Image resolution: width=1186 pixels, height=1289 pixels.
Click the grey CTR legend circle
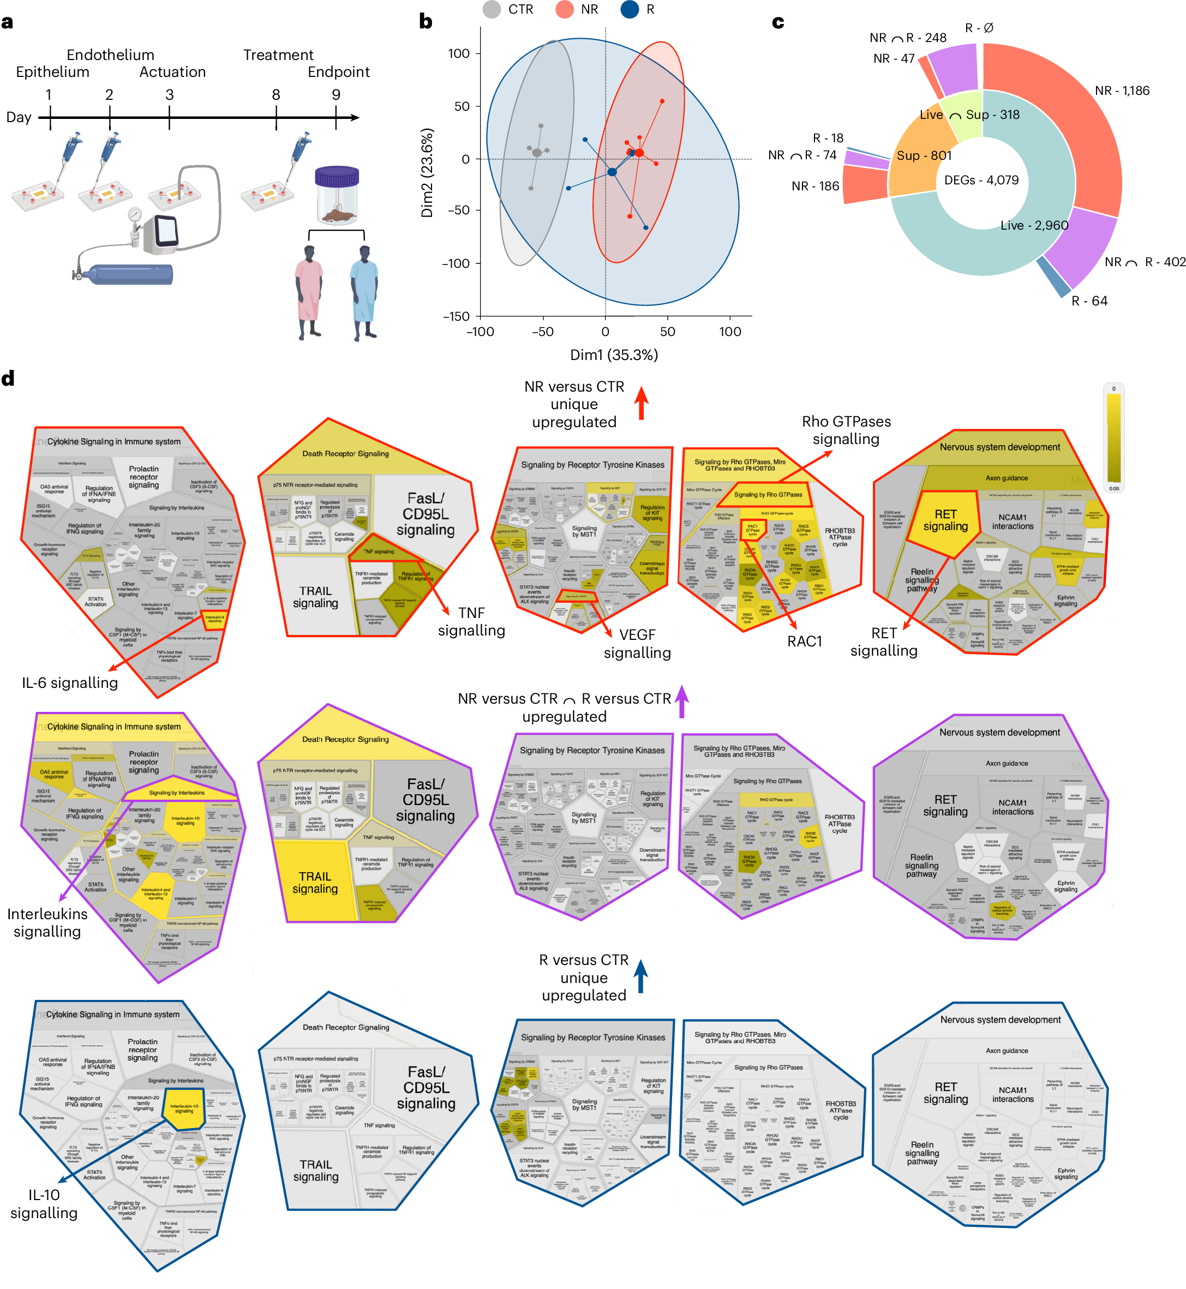[x=492, y=10]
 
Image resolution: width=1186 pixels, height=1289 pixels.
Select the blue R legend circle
[x=630, y=10]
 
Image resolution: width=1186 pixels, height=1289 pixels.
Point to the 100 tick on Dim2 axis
[x=459, y=54]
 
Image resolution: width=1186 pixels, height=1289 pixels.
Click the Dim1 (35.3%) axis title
[x=614, y=355]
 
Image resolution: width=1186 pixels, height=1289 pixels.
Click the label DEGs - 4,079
[x=981, y=181]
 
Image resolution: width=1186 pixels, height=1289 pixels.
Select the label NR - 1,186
[x=1122, y=91]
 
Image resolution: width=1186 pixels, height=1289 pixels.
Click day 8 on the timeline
[x=276, y=95]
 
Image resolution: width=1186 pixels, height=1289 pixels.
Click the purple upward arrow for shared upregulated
[x=682, y=702]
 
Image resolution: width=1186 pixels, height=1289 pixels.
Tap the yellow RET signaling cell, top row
[x=945, y=521]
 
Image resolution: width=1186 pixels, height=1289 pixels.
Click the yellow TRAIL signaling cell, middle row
[x=314, y=883]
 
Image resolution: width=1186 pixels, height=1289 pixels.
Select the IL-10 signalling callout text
[x=44, y=1204]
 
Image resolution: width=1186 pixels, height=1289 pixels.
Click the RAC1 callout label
[x=804, y=641]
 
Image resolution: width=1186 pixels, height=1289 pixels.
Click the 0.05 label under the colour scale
[x=1114, y=489]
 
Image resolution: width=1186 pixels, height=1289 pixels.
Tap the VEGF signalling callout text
[x=637, y=644]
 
